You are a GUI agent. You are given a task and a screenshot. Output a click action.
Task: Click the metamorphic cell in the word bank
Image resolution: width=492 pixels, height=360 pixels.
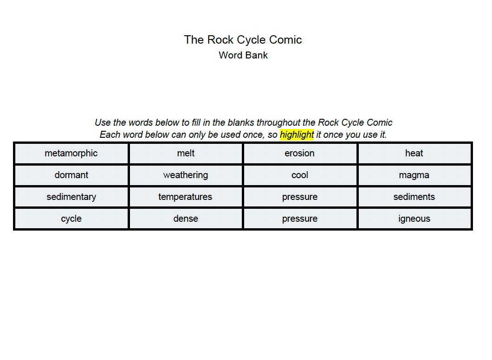pyautogui.click(x=71, y=153)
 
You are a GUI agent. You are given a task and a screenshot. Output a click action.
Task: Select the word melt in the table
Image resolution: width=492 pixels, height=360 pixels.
pyautogui.click(x=186, y=153)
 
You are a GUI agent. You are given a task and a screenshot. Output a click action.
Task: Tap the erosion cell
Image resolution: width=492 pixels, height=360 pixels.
pyautogui.click(x=299, y=153)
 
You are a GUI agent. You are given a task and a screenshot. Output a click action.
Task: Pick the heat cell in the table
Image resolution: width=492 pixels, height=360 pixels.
pyautogui.click(x=414, y=153)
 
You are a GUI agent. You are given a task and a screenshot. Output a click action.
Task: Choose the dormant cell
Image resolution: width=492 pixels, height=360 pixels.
pyautogui.click(x=71, y=175)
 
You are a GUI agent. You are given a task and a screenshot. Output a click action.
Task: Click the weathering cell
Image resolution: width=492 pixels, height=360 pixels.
pyautogui.click(x=186, y=175)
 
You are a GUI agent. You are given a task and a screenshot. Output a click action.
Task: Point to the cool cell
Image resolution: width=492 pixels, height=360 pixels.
pyautogui.click(x=299, y=175)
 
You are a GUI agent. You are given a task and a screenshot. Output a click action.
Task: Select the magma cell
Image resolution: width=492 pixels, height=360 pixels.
pyautogui.click(x=414, y=175)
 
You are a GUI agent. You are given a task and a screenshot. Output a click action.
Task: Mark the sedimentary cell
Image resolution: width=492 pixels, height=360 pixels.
pyautogui.click(x=71, y=197)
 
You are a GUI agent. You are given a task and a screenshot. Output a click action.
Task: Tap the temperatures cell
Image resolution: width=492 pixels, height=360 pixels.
pyautogui.click(x=186, y=197)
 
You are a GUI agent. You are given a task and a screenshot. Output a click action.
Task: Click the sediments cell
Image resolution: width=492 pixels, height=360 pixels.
pyautogui.click(x=414, y=197)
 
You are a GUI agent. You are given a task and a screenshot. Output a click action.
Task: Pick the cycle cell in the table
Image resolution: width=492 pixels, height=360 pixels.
pyautogui.click(x=71, y=219)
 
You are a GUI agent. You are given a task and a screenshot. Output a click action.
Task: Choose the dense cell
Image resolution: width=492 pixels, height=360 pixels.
pyautogui.click(x=186, y=219)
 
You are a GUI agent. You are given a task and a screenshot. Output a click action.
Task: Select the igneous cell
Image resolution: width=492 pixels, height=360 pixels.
pyautogui.click(x=414, y=219)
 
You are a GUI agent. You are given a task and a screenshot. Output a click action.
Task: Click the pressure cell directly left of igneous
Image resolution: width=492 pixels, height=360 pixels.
pyautogui.click(x=299, y=219)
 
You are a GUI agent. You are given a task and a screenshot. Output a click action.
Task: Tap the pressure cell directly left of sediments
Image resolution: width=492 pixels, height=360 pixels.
pyautogui.click(x=299, y=197)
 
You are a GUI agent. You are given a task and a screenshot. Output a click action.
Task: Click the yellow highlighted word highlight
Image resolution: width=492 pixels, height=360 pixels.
pyautogui.click(x=297, y=135)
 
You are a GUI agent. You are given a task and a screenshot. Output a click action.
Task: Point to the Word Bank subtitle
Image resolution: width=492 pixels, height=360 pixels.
pyautogui.click(x=243, y=55)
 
